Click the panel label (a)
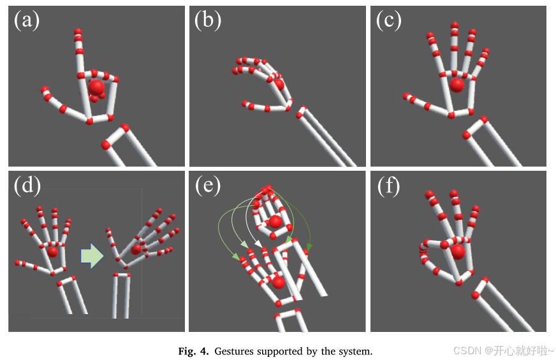(x=27, y=21)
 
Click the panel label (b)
(x=208, y=21)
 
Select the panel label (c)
(x=388, y=21)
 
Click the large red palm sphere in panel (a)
(x=96, y=87)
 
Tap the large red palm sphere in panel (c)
(x=457, y=85)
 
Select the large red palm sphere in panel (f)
(x=457, y=251)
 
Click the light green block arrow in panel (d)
(x=92, y=256)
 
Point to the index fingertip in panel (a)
(x=78, y=31)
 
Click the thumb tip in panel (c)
(x=406, y=97)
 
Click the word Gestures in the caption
(x=234, y=351)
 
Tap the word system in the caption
(x=356, y=351)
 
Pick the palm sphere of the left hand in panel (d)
(x=52, y=252)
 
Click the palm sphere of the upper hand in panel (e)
(x=275, y=221)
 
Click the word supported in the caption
(x=280, y=351)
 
